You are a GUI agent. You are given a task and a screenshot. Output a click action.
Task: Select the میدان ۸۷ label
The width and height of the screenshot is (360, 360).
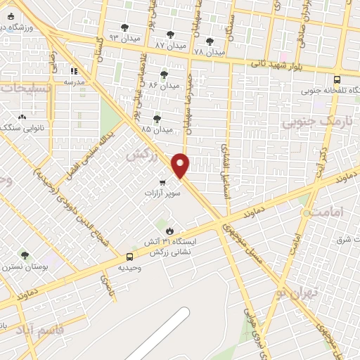[170, 44]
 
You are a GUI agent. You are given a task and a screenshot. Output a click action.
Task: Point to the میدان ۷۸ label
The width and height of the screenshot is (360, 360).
[209, 52]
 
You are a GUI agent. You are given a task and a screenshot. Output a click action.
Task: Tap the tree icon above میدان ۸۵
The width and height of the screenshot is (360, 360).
[156, 119]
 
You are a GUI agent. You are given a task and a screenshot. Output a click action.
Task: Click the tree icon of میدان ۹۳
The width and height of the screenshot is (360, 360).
[125, 27]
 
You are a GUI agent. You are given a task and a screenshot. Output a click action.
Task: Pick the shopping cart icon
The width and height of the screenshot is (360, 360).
[162, 183]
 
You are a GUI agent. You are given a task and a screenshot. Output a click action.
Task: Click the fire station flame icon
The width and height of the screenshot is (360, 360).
[169, 231]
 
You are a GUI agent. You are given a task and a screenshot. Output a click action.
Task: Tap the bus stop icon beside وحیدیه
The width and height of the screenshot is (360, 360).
[129, 257]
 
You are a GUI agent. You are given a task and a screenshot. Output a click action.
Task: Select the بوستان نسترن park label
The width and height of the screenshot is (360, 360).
[24, 266]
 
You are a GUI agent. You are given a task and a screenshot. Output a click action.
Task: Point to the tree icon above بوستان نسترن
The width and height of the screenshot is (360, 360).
[25, 255]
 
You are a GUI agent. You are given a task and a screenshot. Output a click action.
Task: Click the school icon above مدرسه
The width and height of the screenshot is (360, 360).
[74, 70]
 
